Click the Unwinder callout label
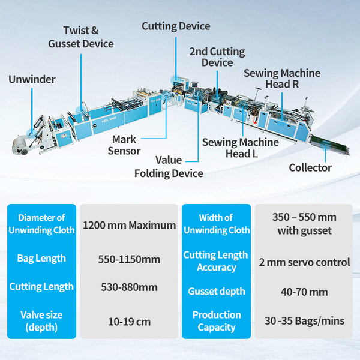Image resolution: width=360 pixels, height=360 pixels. [x=32, y=79]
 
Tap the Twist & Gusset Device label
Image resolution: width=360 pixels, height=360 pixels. [x=80, y=37]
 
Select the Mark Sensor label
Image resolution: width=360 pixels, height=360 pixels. [x=124, y=145]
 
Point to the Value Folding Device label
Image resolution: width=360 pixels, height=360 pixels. [x=168, y=167]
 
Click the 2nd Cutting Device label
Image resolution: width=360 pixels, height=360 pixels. [x=217, y=56]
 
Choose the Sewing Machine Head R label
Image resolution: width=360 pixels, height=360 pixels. [x=282, y=79]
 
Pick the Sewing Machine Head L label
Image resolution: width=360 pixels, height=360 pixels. [x=240, y=148]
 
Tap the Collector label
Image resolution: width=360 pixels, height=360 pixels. [x=310, y=167]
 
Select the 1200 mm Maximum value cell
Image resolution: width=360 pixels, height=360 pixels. [x=129, y=226]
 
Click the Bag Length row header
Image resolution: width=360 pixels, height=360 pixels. [x=41, y=259]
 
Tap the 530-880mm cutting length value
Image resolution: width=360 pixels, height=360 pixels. [x=129, y=287]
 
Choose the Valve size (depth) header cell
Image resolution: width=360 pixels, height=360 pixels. [x=41, y=320]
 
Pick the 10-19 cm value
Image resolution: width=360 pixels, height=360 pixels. [x=129, y=321]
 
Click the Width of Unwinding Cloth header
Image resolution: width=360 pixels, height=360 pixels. [x=217, y=223]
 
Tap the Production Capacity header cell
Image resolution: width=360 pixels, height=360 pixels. [x=217, y=321]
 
